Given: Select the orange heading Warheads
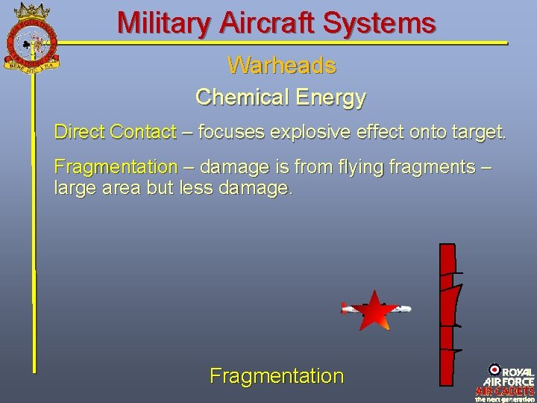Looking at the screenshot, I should (x=281, y=66).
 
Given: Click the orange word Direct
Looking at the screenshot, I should (x=79, y=133).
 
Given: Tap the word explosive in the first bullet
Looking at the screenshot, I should (x=325, y=133).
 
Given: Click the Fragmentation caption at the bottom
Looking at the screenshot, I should (x=277, y=376).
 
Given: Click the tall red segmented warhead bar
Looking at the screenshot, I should (x=447, y=313).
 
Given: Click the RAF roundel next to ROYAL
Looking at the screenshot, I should (x=494, y=369).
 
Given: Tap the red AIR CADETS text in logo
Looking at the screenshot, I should (x=505, y=390).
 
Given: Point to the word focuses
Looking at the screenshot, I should (x=230, y=133).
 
